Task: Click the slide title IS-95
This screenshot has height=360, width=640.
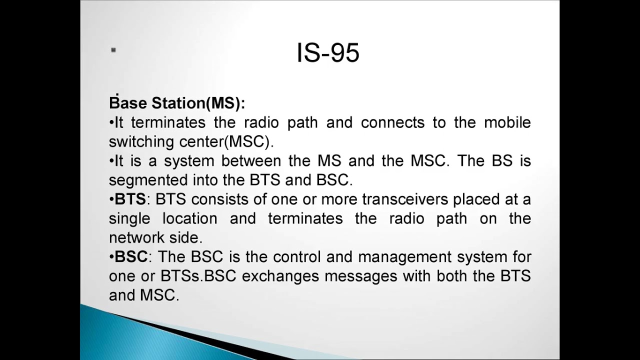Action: click(328, 52)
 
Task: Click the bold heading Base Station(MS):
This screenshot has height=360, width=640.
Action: click(177, 103)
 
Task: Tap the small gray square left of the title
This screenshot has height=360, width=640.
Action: click(113, 49)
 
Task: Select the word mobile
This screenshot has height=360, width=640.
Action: click(507, 122)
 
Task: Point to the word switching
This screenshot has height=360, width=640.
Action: click(141, 142)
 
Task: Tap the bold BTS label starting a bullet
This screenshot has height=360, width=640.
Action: click(130, 199)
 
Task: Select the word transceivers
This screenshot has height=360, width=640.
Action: click(405, 199)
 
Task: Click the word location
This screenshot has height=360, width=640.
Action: click(189, 218)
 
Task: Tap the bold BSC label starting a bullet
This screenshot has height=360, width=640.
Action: click(131, 257)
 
